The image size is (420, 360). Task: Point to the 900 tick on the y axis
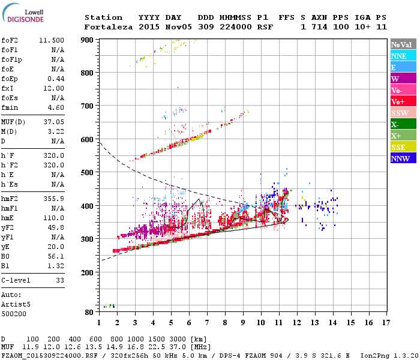pyautogui.click(x=88, y=40)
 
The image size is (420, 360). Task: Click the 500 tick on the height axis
pyautogui.click(x=88, y=173)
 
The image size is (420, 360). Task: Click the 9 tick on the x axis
pyautogui.click(x=243, y=322)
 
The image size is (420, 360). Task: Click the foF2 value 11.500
pyautogui.click(x=52, y=40)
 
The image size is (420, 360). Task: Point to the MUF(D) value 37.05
pyautogui.click(x=54, y=122)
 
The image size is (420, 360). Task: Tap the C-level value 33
pyautogui.click(x=59, y=280)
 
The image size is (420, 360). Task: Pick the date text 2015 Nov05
pyautogui.click(x=160, y=27)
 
